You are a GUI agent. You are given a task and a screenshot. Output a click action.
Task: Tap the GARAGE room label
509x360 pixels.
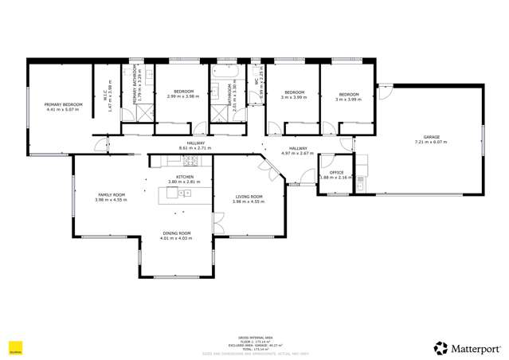point(431,137)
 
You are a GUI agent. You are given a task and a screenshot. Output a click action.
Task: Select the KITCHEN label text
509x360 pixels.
point(185,177)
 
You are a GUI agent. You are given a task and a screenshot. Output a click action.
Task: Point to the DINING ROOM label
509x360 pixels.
point(175,233)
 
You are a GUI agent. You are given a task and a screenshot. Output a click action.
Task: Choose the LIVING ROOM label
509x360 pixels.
point(248,197)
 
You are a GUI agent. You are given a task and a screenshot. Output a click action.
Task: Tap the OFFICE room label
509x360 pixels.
point(337,173)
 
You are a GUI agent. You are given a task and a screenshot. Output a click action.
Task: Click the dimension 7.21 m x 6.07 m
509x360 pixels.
point(431,142)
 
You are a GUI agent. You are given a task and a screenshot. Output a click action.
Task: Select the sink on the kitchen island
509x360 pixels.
point(186,193)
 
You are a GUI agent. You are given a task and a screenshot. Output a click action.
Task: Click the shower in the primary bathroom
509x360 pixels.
point(143,113)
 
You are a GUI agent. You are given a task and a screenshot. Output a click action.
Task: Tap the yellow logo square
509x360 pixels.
point(14,346)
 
